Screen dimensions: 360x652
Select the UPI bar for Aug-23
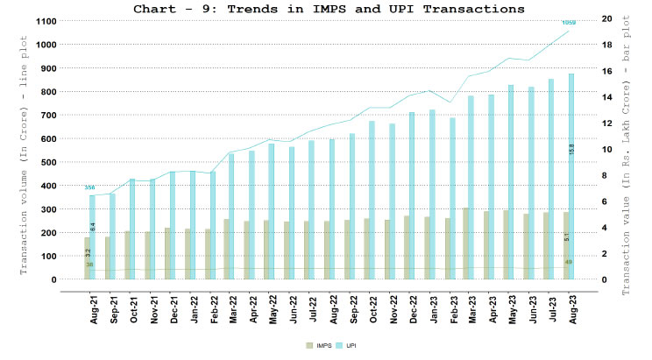point(571,175)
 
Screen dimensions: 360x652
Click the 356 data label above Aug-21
point(89,187)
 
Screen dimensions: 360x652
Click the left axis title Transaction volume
point(24,149)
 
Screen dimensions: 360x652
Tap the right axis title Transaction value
point(627,149)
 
